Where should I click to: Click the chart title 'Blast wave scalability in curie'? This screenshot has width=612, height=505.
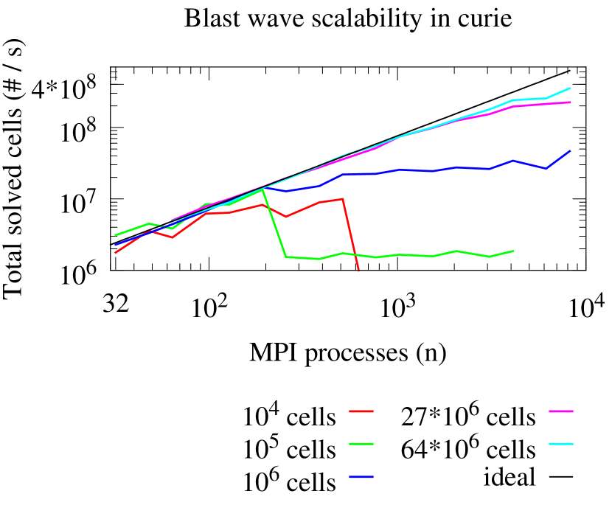coord(348,18)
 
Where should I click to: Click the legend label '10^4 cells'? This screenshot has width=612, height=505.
coord(290,417)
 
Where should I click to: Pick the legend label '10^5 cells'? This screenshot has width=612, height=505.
coord(290,447)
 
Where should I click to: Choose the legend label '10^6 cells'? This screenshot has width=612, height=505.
coord(290,480)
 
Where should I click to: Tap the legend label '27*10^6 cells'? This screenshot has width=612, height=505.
coord(467,417)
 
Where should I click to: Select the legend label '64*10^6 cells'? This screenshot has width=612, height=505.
coord(467,447)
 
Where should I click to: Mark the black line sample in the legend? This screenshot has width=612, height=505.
coord(560,478)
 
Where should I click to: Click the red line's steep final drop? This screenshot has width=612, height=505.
coord(351,236)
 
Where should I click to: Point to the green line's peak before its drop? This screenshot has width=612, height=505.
coord(262,189)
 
